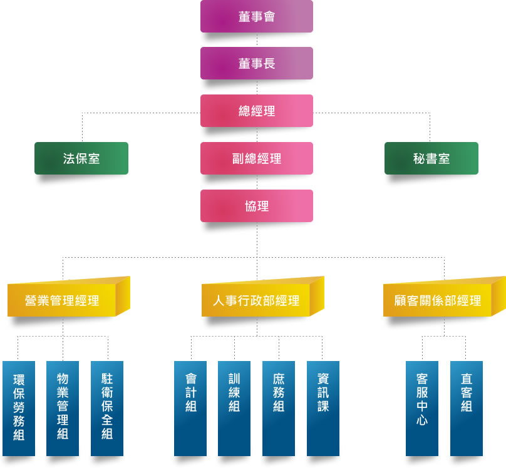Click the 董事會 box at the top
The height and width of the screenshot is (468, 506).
tap(257, 16)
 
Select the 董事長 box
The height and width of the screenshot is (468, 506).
tap(257, 64)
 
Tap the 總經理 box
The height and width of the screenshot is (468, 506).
tap(257, 111)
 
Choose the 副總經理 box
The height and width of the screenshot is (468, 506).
tap(257, 158)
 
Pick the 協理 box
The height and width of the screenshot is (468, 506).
tap(257, 206)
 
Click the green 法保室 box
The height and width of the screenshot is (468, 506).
tap(81, 158)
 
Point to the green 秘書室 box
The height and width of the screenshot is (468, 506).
tap(431, 158)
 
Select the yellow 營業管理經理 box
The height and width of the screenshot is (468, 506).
tap(62, 300)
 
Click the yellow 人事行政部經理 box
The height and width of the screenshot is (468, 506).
tap(256, 300)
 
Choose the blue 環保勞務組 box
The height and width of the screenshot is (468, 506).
tap(19, 408)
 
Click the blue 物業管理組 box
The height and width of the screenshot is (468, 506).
tap(63, 408)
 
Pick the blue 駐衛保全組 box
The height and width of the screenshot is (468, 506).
tap(107, 408)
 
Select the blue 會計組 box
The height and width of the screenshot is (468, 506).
tap(190, 408)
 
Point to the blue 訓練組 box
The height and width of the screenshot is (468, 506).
tap(234, 408)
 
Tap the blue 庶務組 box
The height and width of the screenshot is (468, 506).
tap(279, 408)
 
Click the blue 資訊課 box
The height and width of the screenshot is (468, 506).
tap(323, 408)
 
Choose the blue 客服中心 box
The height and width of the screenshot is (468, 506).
tap(422, 408)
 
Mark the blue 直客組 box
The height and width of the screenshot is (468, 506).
tap(467, 408)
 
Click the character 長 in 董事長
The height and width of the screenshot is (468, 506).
tap(269, 64)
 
